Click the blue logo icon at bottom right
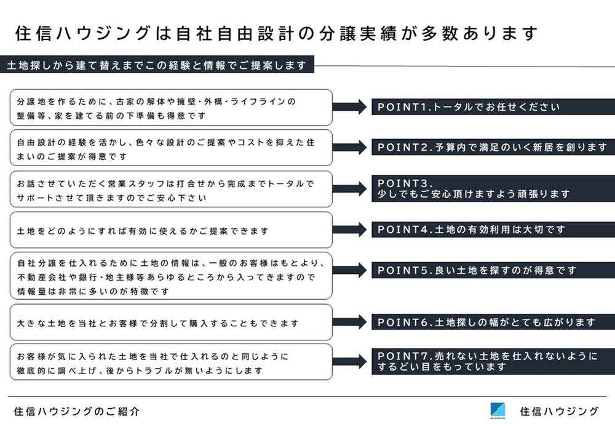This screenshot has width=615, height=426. click(x=498, y=410)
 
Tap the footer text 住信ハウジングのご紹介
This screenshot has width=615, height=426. click(x=76, y=411)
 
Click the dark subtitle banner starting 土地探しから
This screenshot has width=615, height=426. click(x=157, y=65)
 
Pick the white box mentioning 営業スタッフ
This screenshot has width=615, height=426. click(x=171, y=190)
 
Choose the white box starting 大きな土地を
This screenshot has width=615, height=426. click(x=171, y=323)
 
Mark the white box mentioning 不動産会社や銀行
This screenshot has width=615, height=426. click(x=171, y=276)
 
